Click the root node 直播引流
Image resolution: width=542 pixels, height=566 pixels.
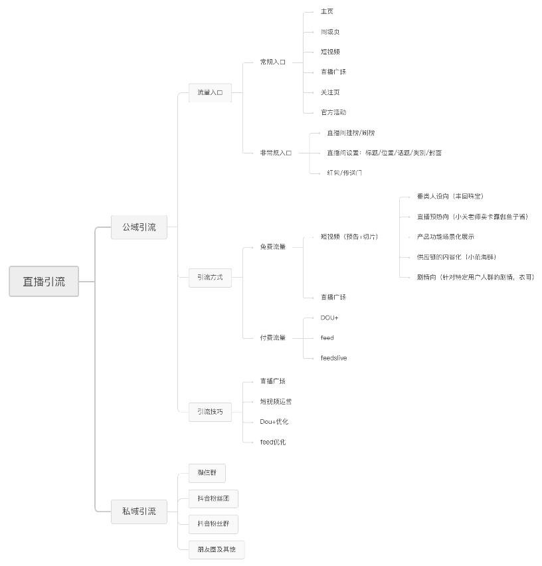tap(44, 281)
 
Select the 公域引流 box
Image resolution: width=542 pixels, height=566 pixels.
tap(138, 227)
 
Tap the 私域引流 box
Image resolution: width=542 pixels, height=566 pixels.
tap(138, 511)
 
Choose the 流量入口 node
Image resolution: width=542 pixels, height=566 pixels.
tap(210, 92)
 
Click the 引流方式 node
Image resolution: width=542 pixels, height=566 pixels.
tap(210, 277)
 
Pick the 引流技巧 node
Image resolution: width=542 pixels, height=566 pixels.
tap(210, 412)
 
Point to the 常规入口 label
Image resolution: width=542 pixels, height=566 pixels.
tap(272, 62)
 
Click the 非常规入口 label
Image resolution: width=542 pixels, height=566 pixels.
tap(276, 153)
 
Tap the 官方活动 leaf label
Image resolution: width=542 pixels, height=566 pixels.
tap(333, 112)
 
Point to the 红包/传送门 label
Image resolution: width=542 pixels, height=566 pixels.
tap(344, 173)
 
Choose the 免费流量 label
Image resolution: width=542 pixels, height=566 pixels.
tap(272, 247)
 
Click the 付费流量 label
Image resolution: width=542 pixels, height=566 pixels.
tap(272, 337)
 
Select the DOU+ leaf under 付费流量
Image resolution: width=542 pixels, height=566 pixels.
tap(329, 318)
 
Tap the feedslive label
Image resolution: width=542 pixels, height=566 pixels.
tap(333, 358)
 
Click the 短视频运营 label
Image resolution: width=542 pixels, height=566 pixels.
tap(276, 401)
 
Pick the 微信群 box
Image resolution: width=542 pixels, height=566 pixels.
tap(207, 473)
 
